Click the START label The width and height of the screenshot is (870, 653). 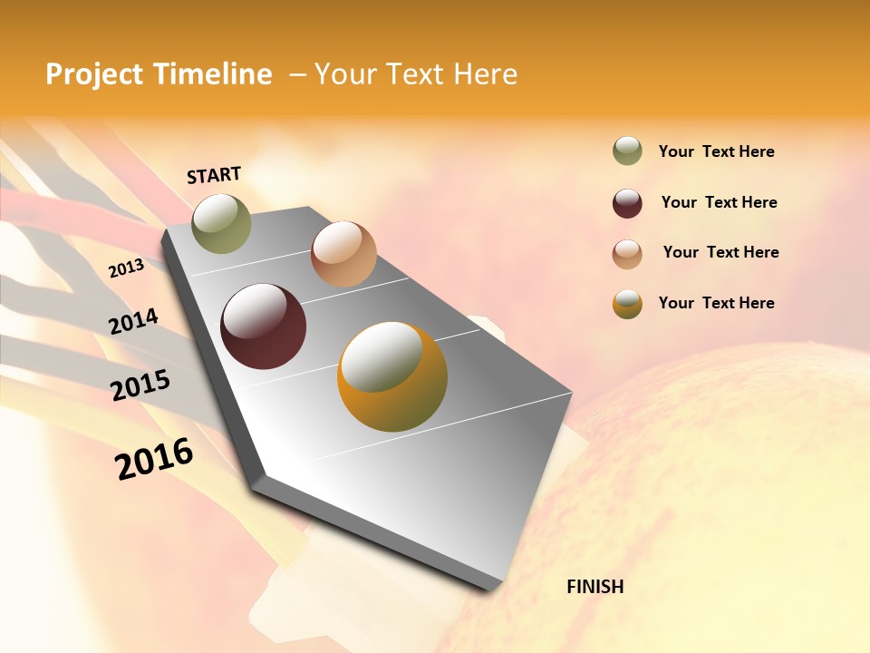(x=214, y=175)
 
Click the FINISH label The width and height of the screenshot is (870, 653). (x=595, y=587)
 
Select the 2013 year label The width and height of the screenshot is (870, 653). (x=126, y=268)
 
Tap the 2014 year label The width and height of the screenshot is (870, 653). (x=133, y=322)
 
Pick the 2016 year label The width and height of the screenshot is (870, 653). (x=154, y=459)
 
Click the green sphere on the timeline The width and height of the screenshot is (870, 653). (x=221, y=223)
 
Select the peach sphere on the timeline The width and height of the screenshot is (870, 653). (x=343, y=254)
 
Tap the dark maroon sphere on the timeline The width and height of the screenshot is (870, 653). (x=264, y=326)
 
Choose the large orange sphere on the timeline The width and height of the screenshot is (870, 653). (x=392, y=376)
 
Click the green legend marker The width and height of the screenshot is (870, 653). (x=627, y=151)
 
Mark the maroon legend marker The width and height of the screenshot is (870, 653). (x=627, y=203)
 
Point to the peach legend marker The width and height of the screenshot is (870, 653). (x=627, y=254)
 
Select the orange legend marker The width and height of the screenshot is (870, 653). (x=627, y=304)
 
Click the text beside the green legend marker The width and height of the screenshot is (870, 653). (x=716, y=152)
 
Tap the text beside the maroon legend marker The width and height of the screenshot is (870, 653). (x=719, y=202)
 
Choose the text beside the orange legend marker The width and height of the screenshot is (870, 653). (x=716, y=303)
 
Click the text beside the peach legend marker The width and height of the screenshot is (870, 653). (x=720, y=252)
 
